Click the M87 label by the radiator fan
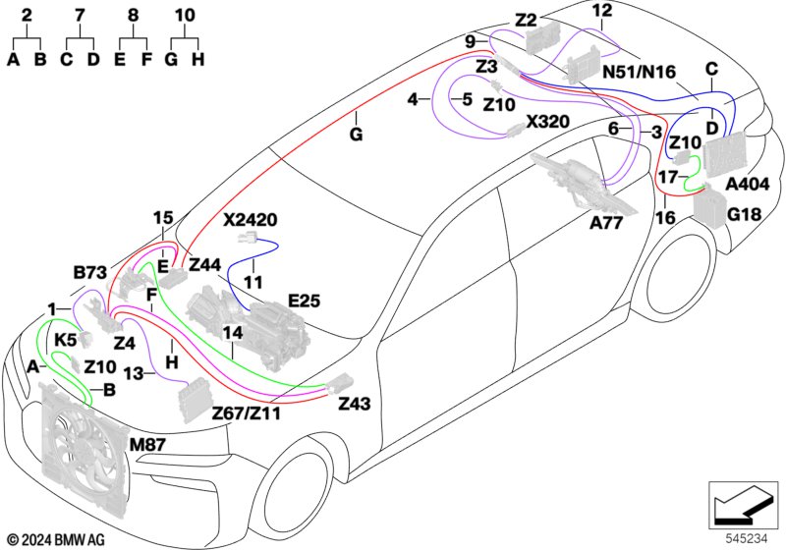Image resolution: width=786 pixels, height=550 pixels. (x=147, y=444)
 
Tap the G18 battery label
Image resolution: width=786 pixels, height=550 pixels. (x=744, y=214)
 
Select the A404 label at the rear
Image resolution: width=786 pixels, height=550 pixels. (x=748, y=185)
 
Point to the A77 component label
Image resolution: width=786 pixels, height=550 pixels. (x=606, y=222)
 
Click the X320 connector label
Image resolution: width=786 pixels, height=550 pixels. (x=547, y=121)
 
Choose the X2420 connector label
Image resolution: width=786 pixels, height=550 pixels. (x=251, y=219)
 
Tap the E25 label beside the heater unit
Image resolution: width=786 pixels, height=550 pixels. (x=305, y=301)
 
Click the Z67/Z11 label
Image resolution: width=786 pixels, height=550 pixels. (x=247, y=413)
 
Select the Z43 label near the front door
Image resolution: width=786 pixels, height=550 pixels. (x=355, y=403)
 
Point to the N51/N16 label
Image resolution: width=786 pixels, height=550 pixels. (x=640, y=72)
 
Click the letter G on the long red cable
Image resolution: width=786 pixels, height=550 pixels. (x=356, y=135)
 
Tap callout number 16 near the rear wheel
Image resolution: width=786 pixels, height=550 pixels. (x=665, y=217)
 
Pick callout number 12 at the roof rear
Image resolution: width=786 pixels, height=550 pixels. (x=602, y=10)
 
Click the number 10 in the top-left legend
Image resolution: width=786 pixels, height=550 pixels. (x=185, y=15)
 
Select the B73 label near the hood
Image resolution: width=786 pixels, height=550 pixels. (x=90, y=272)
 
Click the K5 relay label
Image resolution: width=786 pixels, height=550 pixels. (x=65, y=341)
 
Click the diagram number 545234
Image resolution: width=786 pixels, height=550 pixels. (x=747, y=538)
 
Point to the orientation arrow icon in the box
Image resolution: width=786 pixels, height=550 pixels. (x=743, y=505)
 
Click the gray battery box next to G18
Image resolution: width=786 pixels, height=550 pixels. (x=709, y=206)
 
